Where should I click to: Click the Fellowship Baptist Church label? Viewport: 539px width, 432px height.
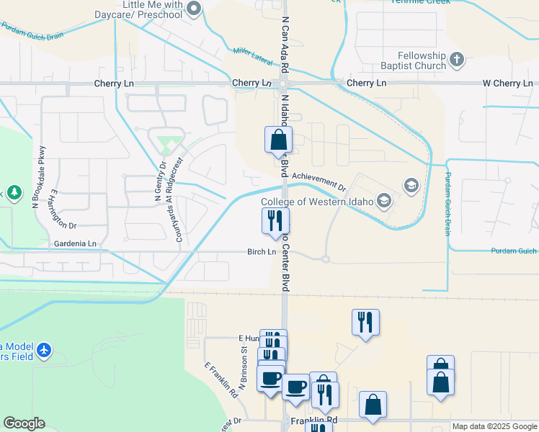[x=422, y=60]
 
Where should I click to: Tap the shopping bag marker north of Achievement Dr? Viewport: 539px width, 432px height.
[x=278, y=140]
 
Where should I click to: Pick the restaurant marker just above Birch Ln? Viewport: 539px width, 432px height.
[x=274, y=222]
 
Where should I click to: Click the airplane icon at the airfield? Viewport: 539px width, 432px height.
[x=45, y=350]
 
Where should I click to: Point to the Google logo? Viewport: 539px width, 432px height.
[x=24, y=423]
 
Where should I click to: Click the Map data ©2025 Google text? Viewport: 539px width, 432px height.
[x=494, y=426]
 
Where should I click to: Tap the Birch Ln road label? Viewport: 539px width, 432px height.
[x=262, y=252]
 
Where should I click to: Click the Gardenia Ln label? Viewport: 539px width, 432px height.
[x=75, y=244]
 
